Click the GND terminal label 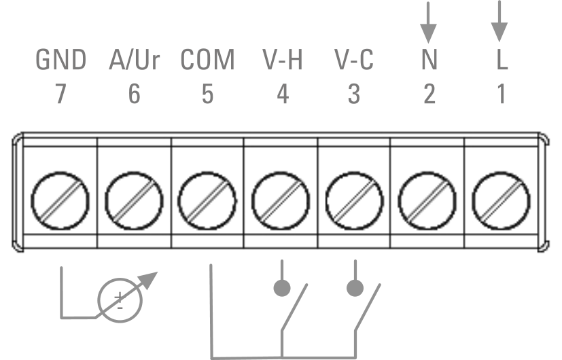point(61,60)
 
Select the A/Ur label point(134,60)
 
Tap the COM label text point(207,60)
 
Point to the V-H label point(283,60)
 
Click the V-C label point(354,60)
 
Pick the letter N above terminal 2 point(429,60)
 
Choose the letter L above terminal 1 point(502,60)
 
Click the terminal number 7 point(61,94)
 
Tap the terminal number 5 point(207,94)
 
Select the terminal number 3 point(354,94)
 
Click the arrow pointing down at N point(428,22)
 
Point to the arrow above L point(499,22)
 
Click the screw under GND point(60,200)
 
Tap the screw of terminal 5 point(207,200)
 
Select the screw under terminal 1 point(501,200)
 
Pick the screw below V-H point(281,200)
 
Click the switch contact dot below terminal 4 point(282,288)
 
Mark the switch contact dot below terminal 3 point(355,288)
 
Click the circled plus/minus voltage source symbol point(120,300)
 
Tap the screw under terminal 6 point(134,200)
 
